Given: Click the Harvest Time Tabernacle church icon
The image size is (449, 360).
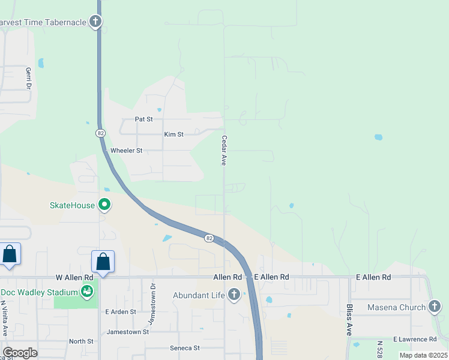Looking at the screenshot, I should pos(95,22).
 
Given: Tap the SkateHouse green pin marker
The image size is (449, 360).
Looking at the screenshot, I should pos(104,205).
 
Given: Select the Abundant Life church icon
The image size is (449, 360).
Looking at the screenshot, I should pos(234,295).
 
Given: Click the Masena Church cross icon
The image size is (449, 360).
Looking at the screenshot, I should pos(435,307).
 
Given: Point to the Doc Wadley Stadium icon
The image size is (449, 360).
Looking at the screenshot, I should pos(88,292).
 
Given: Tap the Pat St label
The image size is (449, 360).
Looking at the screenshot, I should pos(144,119).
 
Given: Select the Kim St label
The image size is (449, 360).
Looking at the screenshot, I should pos(173,134).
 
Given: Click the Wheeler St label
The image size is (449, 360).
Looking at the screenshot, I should pos(126,151).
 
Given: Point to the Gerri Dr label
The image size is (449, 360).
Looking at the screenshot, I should pos(28,78).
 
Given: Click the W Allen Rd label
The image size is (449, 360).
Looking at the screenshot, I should pos(74,277).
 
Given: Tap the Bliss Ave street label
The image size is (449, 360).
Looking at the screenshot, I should pos(349,319).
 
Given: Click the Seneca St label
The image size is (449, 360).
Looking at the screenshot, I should pos(184,348).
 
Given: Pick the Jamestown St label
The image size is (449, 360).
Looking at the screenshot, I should pos(127,332).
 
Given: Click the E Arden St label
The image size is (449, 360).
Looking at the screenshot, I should pos(121,312).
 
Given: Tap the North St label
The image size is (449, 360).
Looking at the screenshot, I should pos(81,341).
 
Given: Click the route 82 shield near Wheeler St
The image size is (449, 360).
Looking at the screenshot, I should pos(100,133).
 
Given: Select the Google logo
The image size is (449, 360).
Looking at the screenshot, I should pos(20,353).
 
